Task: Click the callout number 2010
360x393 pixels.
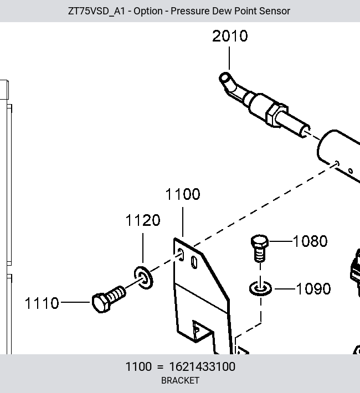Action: pyautogui.click(x=230, y=36)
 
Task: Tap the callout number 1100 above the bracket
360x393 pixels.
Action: pyautogui.click(x=183, y=194)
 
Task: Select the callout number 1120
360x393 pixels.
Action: pyautogui.click(x=143, y=220)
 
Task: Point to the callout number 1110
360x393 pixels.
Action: pyautogui.click(x=42, y=303)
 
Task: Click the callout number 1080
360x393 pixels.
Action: pyautogui.click(x=310, y=241)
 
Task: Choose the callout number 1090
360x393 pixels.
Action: pyautogui.click(x=313, y=289)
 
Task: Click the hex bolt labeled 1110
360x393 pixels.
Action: pyautogui.click(x=109, y=299)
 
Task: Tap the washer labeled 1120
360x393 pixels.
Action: pyautogui.click(x=143, y=278)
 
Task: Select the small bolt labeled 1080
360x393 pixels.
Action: pyautogui.click(x=260, y=248)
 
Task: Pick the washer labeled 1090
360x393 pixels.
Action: pyautogui.click(x=260, y=288)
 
